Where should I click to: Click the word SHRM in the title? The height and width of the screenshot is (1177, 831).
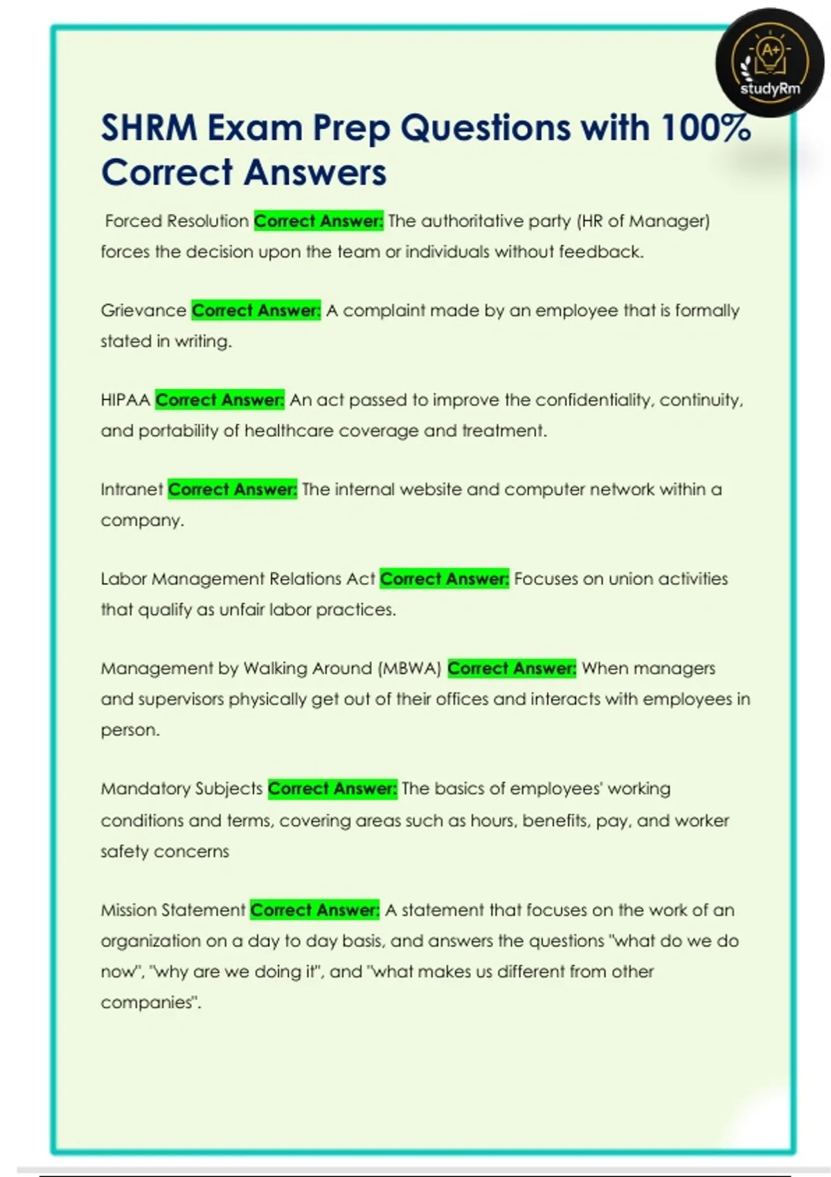point(148,128)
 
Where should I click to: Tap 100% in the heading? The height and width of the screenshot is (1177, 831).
point(706,128)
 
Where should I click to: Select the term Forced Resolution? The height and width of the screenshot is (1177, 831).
point(177,221)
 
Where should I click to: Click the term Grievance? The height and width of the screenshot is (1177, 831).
point(143,310)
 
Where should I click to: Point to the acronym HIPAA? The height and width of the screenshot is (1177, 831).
point(125,399)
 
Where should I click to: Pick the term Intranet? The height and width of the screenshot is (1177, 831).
point(132,489)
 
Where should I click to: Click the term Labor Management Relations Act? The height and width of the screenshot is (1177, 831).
point(238,579)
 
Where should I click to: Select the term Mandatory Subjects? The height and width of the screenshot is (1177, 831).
point(181,789)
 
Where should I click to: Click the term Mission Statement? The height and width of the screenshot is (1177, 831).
point(173,910)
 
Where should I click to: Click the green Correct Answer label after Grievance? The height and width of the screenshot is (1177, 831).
point(256,310)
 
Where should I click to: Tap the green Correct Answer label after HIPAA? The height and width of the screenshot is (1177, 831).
point(220,399)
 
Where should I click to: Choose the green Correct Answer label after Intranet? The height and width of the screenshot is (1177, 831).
point(233,489)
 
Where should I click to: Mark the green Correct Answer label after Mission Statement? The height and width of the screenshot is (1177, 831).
point(314,910)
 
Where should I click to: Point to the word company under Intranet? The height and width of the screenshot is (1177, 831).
point(142,521)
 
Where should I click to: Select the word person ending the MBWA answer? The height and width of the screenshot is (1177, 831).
point(129,730)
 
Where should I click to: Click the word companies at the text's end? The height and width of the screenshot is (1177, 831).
point(150,1003)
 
